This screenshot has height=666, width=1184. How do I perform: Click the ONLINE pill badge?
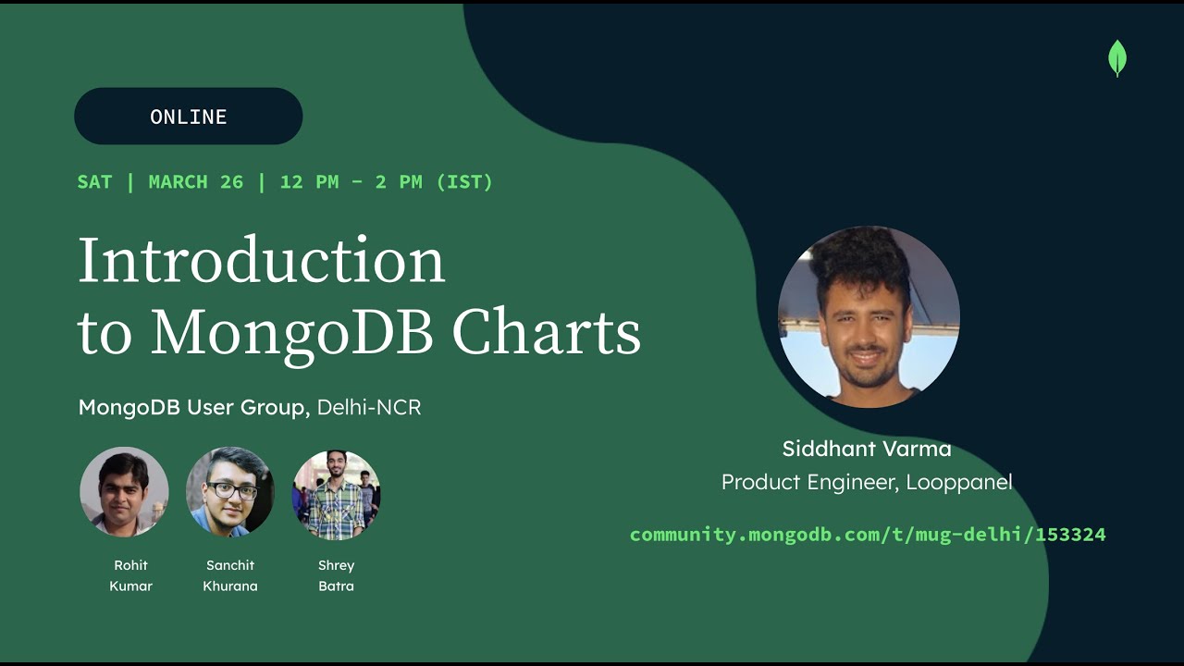pos(188,116)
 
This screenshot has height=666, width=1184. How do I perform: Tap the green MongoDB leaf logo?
pos(1116,58)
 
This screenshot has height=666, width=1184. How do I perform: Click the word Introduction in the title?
pos(262,260)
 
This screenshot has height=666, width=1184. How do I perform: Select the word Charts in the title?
pos(546,332)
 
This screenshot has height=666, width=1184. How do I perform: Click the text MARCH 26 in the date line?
pos(195,182)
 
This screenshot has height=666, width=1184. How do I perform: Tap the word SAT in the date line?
pos(94,182)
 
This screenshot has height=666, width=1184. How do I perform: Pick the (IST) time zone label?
pos(464,182)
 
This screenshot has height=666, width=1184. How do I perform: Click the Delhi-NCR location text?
pos(369,407)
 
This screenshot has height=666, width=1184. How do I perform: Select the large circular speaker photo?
pos(869,316)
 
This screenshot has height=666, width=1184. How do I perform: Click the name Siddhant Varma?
pos(867,449)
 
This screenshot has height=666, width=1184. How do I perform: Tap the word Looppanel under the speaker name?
pos(959,483)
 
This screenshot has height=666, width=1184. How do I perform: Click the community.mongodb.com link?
pos(868,535)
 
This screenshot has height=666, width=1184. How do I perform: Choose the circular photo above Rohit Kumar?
pos(124,492)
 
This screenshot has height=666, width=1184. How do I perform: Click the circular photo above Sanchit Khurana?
pos(230,492)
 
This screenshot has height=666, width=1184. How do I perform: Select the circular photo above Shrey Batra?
pos(336,495)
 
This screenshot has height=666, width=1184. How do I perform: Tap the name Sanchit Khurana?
pos(230,575)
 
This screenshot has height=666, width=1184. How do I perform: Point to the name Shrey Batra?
pos(336,575)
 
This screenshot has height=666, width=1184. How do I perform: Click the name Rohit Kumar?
pos(130,575)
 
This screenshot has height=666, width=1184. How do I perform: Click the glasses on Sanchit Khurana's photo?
pos(232,491)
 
